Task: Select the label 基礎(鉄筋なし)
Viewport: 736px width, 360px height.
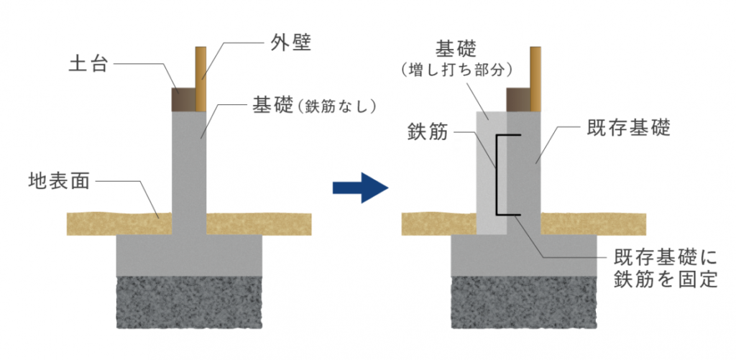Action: pyautogui.click(x=314, y=104)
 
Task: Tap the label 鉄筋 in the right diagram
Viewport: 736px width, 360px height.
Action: pyautogui.click(x=428, y=134)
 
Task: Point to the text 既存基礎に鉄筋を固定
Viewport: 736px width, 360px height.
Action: pyautogui.click(x=666, y=268)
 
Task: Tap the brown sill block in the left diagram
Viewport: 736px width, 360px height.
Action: pyautogui.click(x=183, y=99)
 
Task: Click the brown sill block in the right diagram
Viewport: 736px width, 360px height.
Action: pyautogui.click(x=518, y=100)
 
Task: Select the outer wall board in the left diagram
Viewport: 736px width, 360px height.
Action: pyautogui.click(x=201, y=79)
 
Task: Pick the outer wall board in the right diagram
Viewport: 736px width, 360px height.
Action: pyautogui.click(x=535, y=79)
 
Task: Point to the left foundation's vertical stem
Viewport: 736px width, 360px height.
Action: pyautogui.click(x=190, y=165)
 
